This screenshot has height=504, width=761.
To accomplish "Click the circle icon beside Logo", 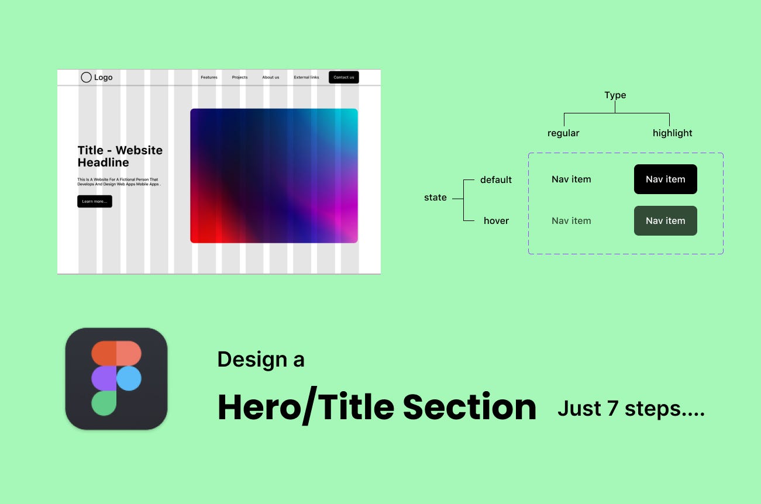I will (x=86, y=77).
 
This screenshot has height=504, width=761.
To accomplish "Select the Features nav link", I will (x=209, y=77).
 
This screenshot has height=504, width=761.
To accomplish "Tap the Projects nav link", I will (x=239, y=77).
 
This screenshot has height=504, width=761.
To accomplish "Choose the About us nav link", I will (x=270, y=77).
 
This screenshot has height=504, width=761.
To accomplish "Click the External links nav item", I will (x=306, y=77).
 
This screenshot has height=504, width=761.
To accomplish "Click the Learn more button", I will (x=94, y=201).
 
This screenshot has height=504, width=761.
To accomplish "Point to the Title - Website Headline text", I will (x=120, y=156).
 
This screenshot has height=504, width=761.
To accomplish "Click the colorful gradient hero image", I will (x=274, y=175).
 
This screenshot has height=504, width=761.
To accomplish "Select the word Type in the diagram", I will (x=615, y=95).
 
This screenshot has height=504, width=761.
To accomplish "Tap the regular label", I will (x=563, y=133).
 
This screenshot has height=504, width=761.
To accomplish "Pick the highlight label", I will (x=672, y=133).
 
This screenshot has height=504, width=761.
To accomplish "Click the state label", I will (x=435, y=198).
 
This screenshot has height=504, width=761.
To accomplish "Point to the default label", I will (x=496, y=180).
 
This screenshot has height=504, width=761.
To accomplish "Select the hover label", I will (x=496, y=221).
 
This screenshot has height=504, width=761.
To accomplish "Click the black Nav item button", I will (x=665, y=179).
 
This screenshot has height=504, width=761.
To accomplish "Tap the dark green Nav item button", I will (x=665, y=221).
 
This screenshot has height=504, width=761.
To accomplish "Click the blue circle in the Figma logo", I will (x=129, y=378).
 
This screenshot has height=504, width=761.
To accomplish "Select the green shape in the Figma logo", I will (x=104, y=403).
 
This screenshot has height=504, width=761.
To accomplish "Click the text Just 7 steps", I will (x=631, y=409).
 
